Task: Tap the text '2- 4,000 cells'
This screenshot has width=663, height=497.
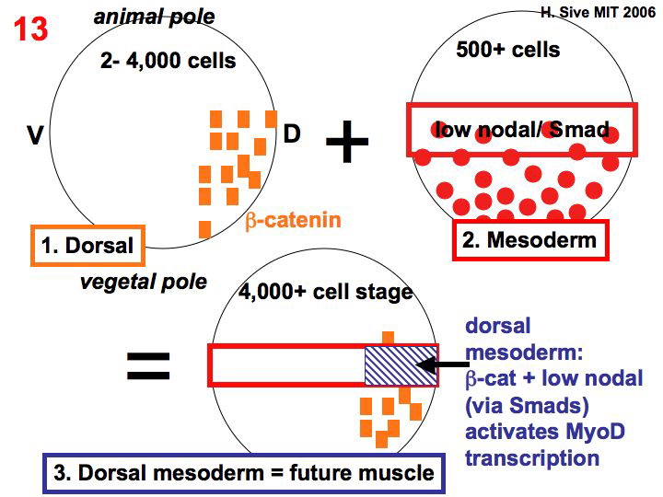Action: (169, 62)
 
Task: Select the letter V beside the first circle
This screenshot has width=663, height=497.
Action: (36, 135)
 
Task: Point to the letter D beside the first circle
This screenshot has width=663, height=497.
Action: (291, 134)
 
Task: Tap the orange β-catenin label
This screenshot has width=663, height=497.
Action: (293, 220)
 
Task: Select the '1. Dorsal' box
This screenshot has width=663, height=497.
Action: (87, 245)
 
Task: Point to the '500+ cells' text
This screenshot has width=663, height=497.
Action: (507, 48)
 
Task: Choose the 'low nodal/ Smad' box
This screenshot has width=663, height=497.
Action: (521, 130)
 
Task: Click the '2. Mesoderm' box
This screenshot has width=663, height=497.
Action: (530, 241)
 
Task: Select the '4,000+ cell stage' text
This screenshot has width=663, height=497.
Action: (325, 293)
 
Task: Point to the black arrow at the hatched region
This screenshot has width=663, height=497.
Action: (441, 365)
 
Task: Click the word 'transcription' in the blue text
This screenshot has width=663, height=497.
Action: (532, 457)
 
